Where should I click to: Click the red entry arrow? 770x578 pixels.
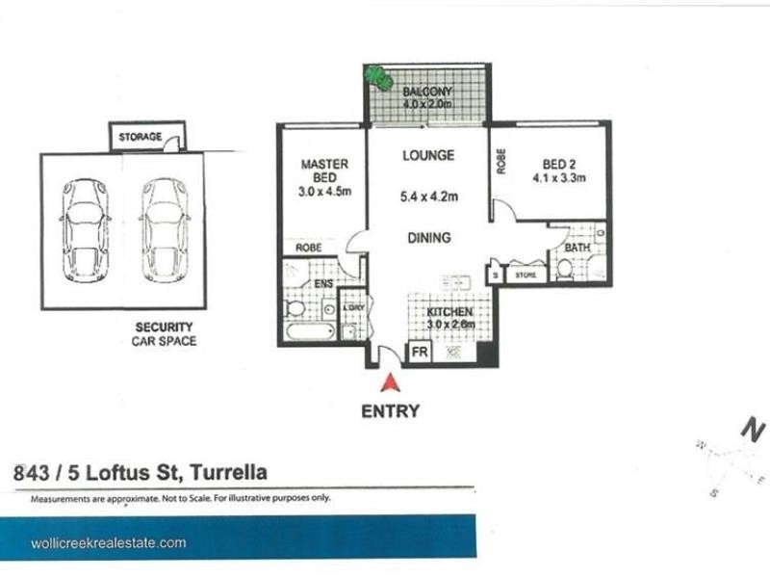click(x=390, y=383)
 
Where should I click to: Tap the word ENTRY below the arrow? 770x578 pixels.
click(x=390, y=411)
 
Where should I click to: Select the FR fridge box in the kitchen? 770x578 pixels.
click(x=420, y=353)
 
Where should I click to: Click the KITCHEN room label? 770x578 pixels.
click(x=449, y=313)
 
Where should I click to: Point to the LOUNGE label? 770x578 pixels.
click(x=428, y=155)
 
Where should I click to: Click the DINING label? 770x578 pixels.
click(x=428, y=237)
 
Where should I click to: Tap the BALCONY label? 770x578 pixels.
click(x=427, y=92)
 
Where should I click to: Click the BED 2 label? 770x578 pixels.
click(x=557, y=163)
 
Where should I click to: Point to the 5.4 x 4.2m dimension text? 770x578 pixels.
click(x=428, y=198)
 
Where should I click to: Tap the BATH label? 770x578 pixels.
click(x=577, y=249)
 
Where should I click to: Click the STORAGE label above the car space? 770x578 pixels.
click(x=140, y=137)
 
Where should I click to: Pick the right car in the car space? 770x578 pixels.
click(x=163, y=231)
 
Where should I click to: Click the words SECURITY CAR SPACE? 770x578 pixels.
click(x=164, y=334)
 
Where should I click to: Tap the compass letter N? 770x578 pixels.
click(x=755, y=429)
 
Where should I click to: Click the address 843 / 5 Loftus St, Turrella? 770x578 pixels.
click(x=141, y=473)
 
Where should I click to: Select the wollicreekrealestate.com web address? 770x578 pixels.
click(x=107, y=543)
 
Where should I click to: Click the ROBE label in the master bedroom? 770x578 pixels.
click(x=308, y=247)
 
